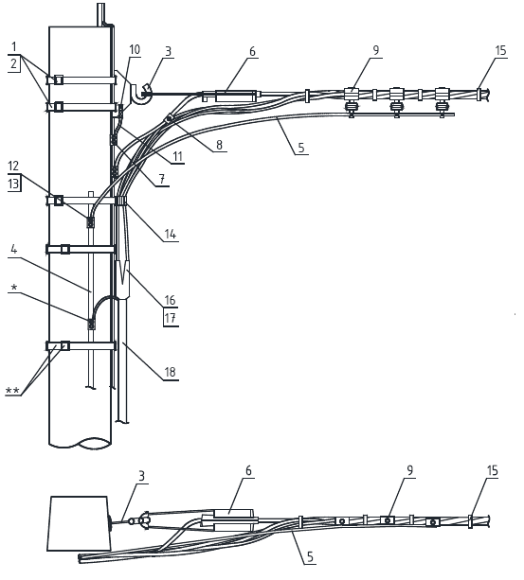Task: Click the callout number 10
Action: click(x=135, y=49)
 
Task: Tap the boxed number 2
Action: click(x=13, y=63)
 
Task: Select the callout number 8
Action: click(x=219, y=145)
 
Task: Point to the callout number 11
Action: click(x=178, y=156)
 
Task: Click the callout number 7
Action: click(x=162, y=179)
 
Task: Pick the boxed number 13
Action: click(x=13, y=184)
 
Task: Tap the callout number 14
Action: click(x=170, y=234)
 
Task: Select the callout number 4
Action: click(x=13, y=249)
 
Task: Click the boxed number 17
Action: click(x=170, y=318)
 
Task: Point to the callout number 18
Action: click(x=170, y=372)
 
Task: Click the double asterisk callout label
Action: click(x=12, y=390)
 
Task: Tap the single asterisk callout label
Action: click(x=14, y=288)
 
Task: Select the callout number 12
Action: click(x=13, y=166)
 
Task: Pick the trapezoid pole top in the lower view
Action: click(x=79, y=523)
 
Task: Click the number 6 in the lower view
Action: click(x=248, y=471)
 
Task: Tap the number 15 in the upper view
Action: click(x=500, y=50)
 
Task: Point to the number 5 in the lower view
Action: click(x=310, y=556)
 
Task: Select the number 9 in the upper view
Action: click(x=376, y=50)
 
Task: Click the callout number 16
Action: click(x=170, y=300)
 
